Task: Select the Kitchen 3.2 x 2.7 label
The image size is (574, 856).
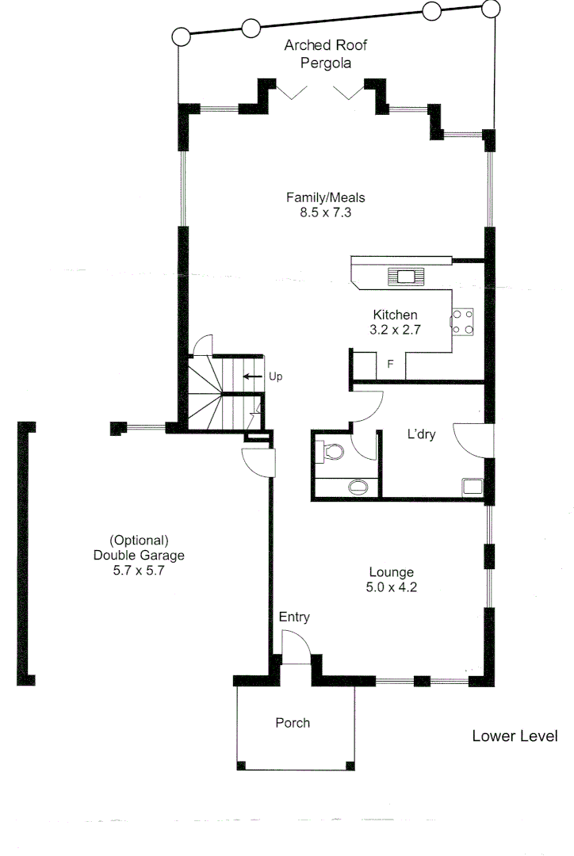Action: click(x=396, y=323)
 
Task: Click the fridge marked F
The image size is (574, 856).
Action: click(x=390, y=365)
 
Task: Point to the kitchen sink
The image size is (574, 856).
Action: click(x=406, y=277)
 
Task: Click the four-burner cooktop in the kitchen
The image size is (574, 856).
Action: click(x=463, y=320)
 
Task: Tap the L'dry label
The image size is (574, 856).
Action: click(x=422, y=435)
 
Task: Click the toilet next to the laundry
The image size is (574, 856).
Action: click(x=332, y=452)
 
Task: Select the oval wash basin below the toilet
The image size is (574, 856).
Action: click(x=359, y=485)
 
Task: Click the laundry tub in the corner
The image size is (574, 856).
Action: click(x=474, y=486)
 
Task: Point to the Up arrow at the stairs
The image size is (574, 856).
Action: click(x=253, y=376)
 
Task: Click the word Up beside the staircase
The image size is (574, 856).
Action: click(x=276, y=376)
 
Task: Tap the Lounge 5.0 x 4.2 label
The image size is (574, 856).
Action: click(x=392, y=579)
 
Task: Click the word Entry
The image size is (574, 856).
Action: click(x=294, y=617)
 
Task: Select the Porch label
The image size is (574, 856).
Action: click(x=293, y=723)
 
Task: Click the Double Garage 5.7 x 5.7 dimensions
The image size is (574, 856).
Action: click(x=139, y=570)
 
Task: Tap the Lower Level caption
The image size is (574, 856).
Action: click(x=515, y=736)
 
